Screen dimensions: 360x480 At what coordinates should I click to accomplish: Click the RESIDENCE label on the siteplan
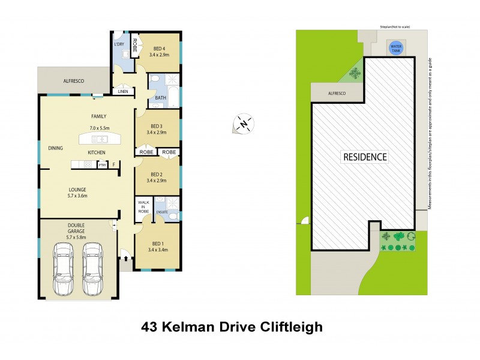coord(365,157)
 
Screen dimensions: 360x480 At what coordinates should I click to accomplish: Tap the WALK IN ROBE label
coord(144,208)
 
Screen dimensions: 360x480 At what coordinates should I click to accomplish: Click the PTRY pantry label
coord(102,164)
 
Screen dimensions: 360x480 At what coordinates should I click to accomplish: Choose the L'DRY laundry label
coord(119,45)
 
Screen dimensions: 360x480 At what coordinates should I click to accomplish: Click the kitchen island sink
coord(100,139)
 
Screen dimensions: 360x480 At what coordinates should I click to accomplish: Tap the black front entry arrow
coord(125,259)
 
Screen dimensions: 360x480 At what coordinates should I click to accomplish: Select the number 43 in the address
coord(150,327)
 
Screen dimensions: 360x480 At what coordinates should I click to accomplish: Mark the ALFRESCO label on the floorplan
coord(74,80)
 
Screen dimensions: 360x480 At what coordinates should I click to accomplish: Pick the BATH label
coord(160,97)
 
